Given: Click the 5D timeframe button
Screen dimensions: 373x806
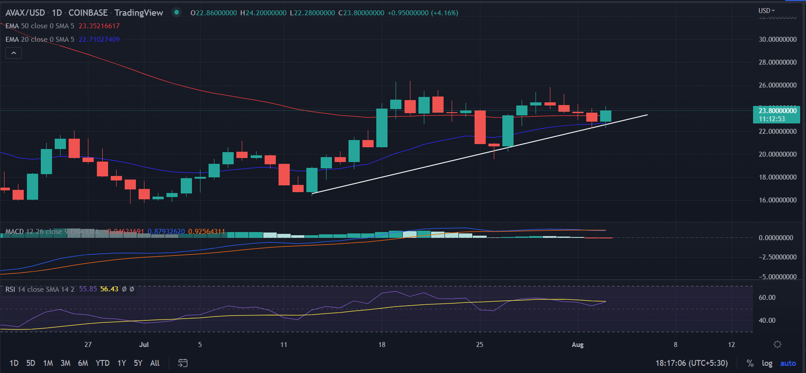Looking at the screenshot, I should click(30, 363).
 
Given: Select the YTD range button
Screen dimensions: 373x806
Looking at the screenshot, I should click(102, 363).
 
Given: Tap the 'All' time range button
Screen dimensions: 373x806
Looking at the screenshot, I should click(155, 363).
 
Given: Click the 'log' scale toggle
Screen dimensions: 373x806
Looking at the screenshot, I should click(767, 363).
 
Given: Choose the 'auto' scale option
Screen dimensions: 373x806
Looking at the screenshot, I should click(788, 363).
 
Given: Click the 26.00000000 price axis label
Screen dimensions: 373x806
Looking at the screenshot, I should click(777, 85).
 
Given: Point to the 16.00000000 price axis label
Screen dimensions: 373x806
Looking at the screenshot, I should click(777, 200).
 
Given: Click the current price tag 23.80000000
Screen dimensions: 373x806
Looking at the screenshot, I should click(777, 111).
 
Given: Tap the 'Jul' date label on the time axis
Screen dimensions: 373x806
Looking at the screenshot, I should click(144, 345).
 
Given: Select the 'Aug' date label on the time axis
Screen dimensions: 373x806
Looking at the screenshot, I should click(578, 345).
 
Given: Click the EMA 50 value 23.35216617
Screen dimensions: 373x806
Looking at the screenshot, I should click(99, 26).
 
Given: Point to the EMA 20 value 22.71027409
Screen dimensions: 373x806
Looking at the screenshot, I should click(99, 39).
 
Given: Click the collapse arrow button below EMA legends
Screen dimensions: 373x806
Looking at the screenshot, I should click(13, 53).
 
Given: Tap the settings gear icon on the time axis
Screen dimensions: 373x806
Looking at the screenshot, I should click(777, 344).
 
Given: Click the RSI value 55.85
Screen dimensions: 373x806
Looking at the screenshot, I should click(88, 289).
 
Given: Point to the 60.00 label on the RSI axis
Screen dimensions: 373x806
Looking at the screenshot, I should click(767, 298).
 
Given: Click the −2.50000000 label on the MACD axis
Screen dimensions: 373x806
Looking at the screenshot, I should click(777, 257).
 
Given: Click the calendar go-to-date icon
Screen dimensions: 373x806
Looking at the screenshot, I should click(183, 363).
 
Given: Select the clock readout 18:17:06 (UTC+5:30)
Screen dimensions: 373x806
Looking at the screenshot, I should click(691, 363).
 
